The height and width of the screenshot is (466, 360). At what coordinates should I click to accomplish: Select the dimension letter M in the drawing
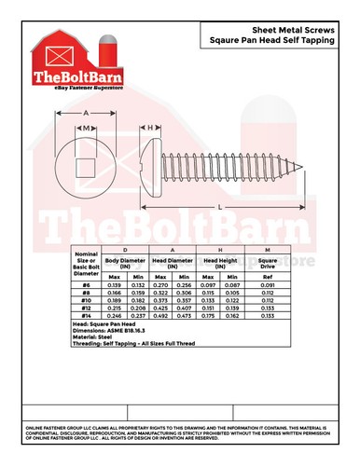87,126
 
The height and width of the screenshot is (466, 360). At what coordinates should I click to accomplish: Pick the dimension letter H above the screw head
151,126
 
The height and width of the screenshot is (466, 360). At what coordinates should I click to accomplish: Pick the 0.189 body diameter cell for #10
115,299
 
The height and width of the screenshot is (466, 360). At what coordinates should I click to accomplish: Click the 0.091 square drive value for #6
269,284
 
